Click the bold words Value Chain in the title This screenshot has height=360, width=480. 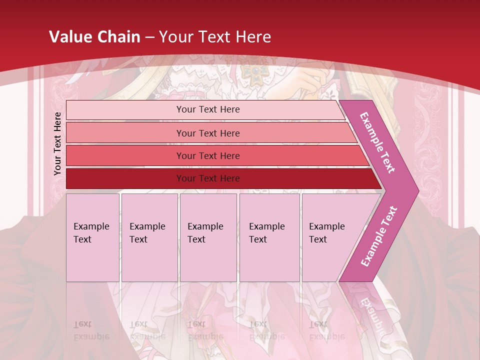click(x=94, y=37)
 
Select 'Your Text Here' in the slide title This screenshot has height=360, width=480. click(x=215, y=37)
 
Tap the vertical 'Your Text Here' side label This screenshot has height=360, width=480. click(x=57, y=143)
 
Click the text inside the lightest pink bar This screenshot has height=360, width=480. click(x=208, y=109)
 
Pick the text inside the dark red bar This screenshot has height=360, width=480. click(x=208, y=178)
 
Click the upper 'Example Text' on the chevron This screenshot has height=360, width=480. click(x=377, y=142)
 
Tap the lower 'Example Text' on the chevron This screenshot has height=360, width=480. click(x=379, y=236)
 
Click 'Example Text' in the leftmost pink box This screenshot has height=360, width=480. click(x=91, y=233)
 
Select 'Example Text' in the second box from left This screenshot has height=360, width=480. click(x=147, y=233)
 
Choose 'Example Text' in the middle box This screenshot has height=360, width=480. click(x=205, y=233)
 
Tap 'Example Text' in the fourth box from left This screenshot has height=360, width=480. click(x=266, y=233)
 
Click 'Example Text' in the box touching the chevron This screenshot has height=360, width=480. click(x=326, y=233)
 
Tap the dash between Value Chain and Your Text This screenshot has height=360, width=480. click(x=149, y=37)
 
